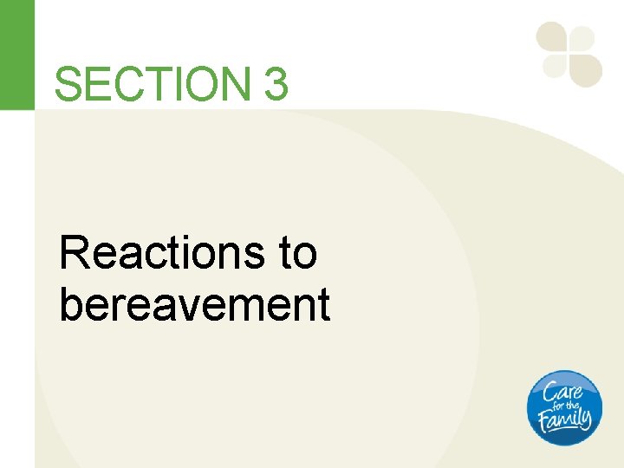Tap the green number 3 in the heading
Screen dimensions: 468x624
tap(276, 85)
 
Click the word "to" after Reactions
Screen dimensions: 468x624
tap(298, 254)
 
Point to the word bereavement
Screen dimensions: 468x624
tap(194, 304)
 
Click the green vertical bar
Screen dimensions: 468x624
tap(17, 54)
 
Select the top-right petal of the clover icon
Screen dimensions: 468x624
tap(582, 38)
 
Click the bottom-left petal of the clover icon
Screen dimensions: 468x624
tap(554, 66)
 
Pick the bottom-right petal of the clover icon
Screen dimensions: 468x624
tap(585, 69)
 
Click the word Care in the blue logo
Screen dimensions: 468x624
tap(564, 391)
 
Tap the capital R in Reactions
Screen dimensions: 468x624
tap(74, 254)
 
